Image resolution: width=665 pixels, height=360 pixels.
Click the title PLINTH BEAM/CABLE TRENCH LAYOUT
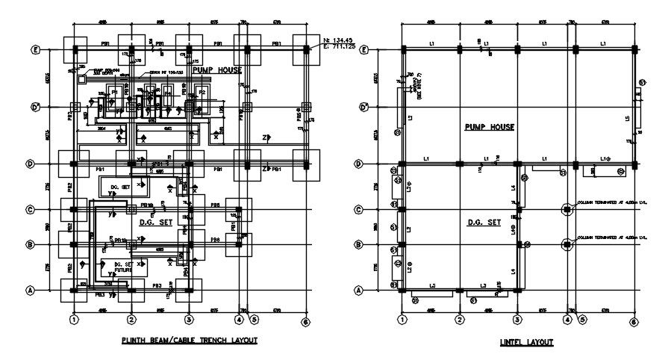(189, 341)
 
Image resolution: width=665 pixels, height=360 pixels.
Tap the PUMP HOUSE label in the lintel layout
(490, 127)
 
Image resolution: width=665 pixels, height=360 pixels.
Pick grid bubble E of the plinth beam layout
(35, 50)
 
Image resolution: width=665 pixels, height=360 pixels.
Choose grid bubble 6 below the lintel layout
(633, 322)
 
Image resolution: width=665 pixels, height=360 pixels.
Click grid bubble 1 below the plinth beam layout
(74, 320)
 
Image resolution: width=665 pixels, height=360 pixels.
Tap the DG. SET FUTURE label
(123, 267)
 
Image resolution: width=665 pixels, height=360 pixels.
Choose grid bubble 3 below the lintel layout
(516, 322)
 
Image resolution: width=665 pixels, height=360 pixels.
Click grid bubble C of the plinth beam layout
(35, 210)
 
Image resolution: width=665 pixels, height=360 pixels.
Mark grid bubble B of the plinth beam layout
(35, 244)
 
